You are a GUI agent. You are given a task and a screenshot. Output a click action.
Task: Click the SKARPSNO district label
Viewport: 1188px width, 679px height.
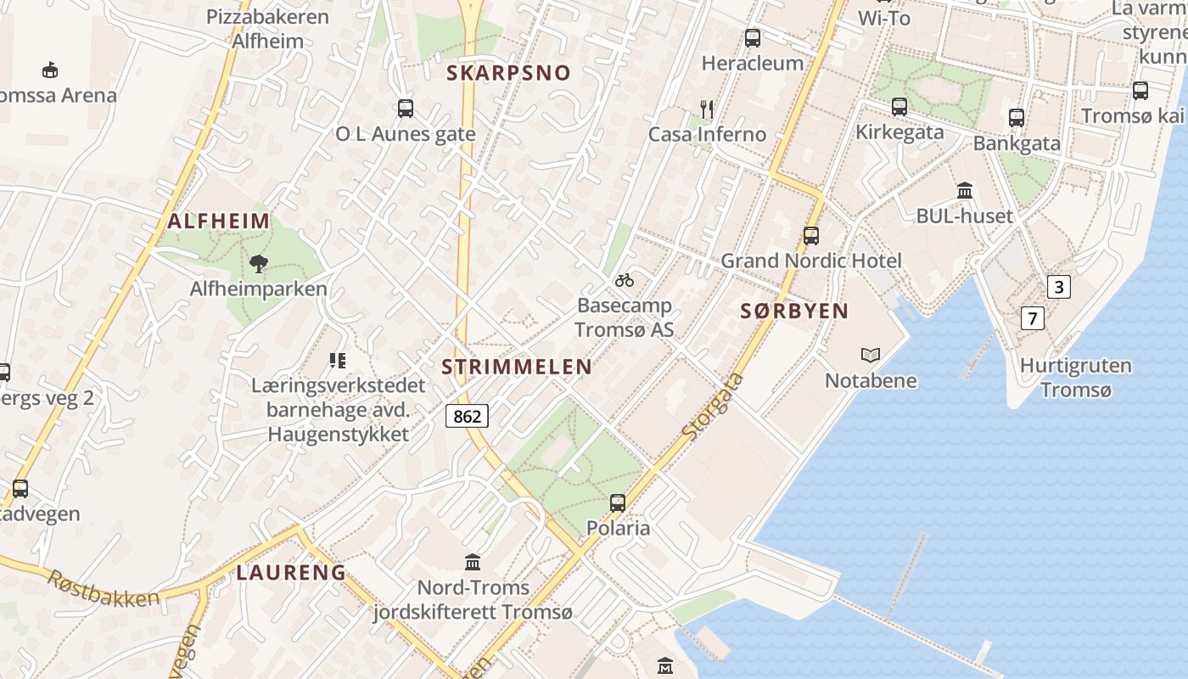click(x=509, y=73)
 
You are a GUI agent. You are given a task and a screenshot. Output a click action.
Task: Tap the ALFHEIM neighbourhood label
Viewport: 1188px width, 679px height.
click(x=219, y=222)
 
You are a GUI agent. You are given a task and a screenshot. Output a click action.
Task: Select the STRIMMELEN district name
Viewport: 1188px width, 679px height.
click(x=517, y=367)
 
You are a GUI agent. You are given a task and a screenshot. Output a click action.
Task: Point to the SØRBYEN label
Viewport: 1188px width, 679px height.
click(x=794, y=311)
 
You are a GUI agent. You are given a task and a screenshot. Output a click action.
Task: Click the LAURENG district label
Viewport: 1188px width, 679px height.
click(x=291, y=572)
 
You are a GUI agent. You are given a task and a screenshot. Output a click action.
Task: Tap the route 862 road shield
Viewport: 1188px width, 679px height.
click(x=467, y=415)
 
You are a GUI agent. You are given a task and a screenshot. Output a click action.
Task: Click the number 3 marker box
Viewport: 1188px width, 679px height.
click(x=1058, y=287)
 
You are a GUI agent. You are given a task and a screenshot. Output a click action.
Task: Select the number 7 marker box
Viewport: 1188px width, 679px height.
click(x=1032, y=318)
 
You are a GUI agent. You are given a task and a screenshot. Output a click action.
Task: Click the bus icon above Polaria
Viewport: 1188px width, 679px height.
click(x=618, y=502)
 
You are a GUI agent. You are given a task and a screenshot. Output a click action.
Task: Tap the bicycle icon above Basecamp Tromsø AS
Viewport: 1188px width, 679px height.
click(x=625, y=279)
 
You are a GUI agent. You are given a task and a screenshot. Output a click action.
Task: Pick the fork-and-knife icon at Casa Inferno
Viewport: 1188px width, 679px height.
click(x=707, y=109)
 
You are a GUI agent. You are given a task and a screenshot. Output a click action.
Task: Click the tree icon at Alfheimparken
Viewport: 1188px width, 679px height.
click(x=259, y=264)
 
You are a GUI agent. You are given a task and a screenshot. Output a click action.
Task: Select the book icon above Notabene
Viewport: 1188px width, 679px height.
click(x=871, y=355)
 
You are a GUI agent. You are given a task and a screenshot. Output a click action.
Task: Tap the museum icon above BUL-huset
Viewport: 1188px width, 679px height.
click(x=965, y=190)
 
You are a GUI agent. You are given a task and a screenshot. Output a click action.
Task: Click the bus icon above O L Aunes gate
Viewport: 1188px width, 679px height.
click(x=406, y=109)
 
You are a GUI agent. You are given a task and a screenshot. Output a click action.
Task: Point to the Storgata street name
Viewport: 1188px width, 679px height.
click(x=713, y=407)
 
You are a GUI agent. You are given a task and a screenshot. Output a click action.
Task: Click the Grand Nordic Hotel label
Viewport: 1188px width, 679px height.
click(x=811, y=261)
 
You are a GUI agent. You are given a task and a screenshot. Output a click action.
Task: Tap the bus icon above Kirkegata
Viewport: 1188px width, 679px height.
click(x=899, y=107)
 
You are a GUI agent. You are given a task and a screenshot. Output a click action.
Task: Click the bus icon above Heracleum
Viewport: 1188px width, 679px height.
click(x=753, y=38)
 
